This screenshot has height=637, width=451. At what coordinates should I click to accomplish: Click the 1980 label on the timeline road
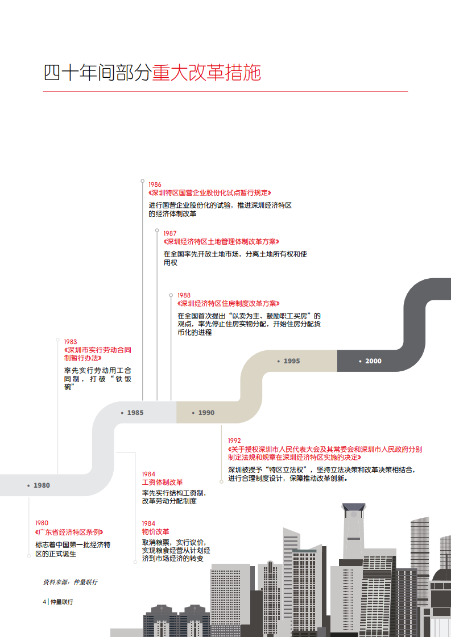[x=42, y=485]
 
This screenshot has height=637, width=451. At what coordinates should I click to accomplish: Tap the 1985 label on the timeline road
[x=135, y=413]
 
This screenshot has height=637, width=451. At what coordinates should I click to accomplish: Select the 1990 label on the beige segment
[x=206, y=413]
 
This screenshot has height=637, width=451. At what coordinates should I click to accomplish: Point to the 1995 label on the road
[x=291, y=361]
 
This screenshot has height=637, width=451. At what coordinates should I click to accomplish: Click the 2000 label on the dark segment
[x=373, y=361]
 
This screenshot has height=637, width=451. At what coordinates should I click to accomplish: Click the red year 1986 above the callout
[x=155, y=185]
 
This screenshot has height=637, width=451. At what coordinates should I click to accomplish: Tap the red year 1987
[x=169, y=233]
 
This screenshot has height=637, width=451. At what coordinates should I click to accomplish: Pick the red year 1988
[x=184, y=295]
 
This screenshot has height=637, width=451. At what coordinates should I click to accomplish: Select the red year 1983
[x=70, y=342]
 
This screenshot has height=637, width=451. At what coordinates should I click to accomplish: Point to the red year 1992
[x=234, y=441]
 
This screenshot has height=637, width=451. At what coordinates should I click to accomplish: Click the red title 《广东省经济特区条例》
[x=69, y=532]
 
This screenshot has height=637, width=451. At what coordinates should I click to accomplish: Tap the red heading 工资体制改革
[x=163, y=483]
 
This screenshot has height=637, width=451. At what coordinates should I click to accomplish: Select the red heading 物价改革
[x=155, y=532]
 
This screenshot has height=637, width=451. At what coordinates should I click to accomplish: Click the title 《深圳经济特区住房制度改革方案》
[x=229, y=304]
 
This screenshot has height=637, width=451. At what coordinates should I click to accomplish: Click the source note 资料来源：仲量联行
[x=70, y=582]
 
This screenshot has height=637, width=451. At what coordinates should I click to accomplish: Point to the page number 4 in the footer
[x=44, y=602]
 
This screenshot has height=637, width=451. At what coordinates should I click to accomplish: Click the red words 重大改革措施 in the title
[x=206, y=73]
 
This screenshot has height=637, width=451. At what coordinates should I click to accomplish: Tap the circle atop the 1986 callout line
[x=142, y=181]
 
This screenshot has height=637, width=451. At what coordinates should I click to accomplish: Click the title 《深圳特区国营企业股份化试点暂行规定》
[x=210, y=192]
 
